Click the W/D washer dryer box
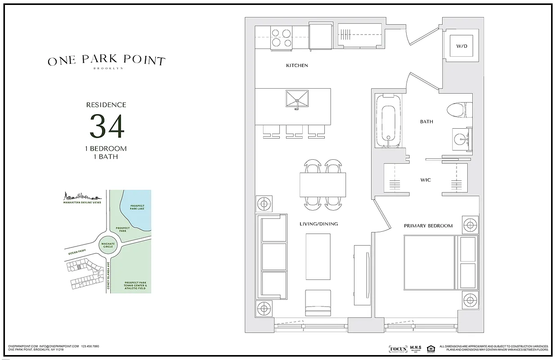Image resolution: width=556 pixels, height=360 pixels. click(462, 46)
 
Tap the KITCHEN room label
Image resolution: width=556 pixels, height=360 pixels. click(297, 66)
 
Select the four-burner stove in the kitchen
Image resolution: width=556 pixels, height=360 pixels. click(282, 37)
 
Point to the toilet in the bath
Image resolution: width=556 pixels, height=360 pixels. click(459, 110)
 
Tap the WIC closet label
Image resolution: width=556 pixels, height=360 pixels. click(425, 180)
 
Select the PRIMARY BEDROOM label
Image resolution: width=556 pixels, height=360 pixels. click(428, 225)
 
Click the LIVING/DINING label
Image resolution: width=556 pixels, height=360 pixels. click(318, 224)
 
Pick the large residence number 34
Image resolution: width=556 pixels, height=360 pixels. click(107, 126)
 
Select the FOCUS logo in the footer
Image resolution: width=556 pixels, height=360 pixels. click(398, 349)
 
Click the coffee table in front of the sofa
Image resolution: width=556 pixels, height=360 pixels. click(318, 256)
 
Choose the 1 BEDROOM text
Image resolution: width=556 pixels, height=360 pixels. click(107, 148)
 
